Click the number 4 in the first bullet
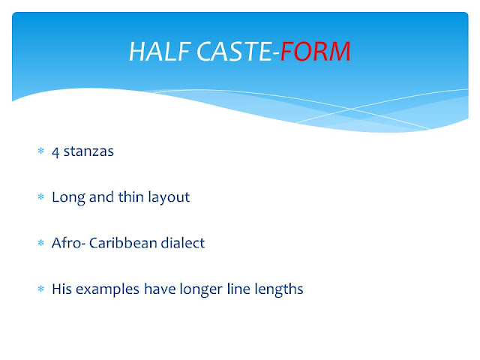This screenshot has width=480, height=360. (x=55, y=151)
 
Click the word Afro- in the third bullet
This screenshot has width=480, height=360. (x=67, y=243)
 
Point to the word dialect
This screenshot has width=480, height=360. (x=184, y=243)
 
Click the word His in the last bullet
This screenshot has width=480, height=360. (x=62, y=289)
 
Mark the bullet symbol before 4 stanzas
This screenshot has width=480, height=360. (x=41, y=152)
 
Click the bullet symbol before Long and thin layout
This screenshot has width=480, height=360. (x=41, y=198)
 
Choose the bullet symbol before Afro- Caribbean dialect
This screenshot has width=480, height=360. (x=41, y=244)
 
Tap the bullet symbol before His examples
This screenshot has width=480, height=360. (x=41, y=289)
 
